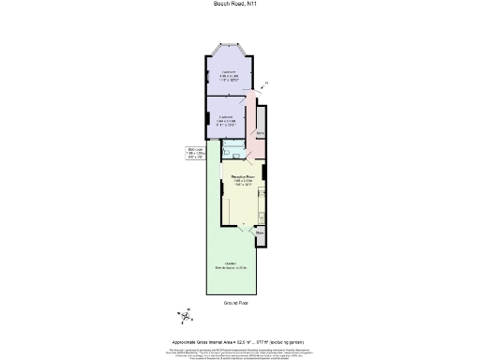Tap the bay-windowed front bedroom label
[x=228, y=77]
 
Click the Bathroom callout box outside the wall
[x=195, y=153]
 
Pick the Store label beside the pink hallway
[x=261, y=134]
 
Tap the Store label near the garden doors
[x=261, y=232]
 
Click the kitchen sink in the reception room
[x=225, y=202]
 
